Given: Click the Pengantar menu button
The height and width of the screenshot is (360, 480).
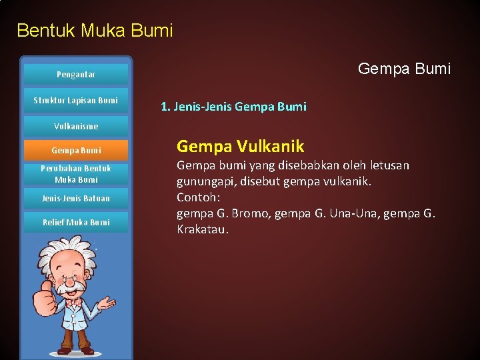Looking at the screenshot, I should (76, 75).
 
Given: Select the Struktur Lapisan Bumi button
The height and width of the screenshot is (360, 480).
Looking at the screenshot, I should (76, 101).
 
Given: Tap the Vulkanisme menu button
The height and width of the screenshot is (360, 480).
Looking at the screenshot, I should (76, 126).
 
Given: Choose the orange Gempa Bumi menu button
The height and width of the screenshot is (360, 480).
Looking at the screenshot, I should (76, 151).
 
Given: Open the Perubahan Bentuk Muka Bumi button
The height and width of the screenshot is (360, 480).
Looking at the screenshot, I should (76, 174).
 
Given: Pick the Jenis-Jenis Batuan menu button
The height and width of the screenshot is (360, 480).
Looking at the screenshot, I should (76, 198).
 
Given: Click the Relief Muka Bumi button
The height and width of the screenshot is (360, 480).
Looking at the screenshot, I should (76, 222).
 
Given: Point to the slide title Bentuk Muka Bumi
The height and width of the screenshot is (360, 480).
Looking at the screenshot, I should (95, 30).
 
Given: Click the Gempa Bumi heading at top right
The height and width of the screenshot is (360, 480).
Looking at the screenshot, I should (404, 69).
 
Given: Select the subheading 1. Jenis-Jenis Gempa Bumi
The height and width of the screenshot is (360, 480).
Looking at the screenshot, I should (233, 107).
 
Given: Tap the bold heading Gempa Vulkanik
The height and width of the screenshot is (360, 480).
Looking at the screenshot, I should (240, 146).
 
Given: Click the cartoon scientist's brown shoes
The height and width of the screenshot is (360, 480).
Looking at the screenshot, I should (75, 349).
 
